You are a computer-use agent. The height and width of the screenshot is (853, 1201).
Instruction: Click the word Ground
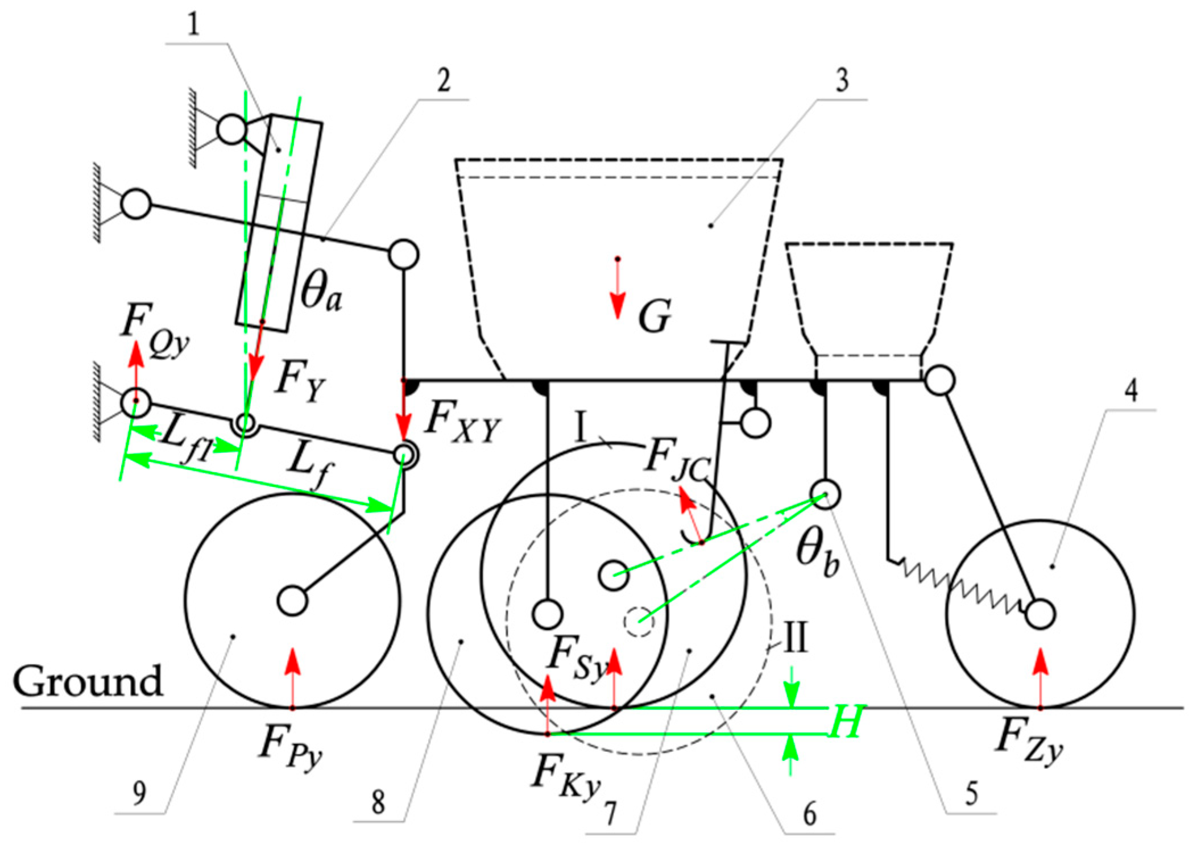coord(88,681)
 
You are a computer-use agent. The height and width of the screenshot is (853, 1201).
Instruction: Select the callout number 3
coord(842,80)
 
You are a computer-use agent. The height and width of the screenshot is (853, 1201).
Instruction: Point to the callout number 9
coord(139,793)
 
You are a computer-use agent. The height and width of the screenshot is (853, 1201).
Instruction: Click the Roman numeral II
coord(795,638)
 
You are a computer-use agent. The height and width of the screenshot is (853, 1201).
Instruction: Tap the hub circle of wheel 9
coord(293,601)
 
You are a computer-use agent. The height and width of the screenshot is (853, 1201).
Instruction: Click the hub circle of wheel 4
coord(1041,614)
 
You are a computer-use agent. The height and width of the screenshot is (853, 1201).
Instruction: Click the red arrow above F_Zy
coord(1041,676)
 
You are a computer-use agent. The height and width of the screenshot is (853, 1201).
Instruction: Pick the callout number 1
coord(194,25)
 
